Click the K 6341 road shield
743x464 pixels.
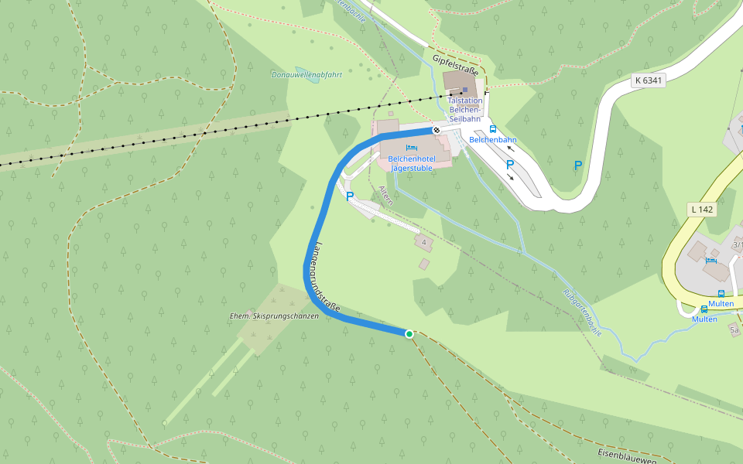(x=648, y=80)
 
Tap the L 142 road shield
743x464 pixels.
(x=702, y=210)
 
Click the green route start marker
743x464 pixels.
(x=409, y=333)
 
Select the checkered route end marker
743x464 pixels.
(x=437, y=130)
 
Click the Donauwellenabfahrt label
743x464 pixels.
(x=306, y=75)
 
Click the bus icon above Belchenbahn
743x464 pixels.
(x=493, y=129)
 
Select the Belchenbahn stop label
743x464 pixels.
(x=493, y=140)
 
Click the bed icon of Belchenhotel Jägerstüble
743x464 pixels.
(x=411, y=148)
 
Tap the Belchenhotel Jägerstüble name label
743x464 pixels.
(x=411, y=163)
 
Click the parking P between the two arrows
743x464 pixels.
(x=509, y=165)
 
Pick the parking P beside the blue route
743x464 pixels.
(x=350, y=196)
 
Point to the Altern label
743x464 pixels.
(x=386, y=195)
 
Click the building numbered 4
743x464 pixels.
(x=423, y=243)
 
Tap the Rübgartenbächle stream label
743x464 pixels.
(x=583, y=312)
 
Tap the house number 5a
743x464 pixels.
(x=734, y=330)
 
